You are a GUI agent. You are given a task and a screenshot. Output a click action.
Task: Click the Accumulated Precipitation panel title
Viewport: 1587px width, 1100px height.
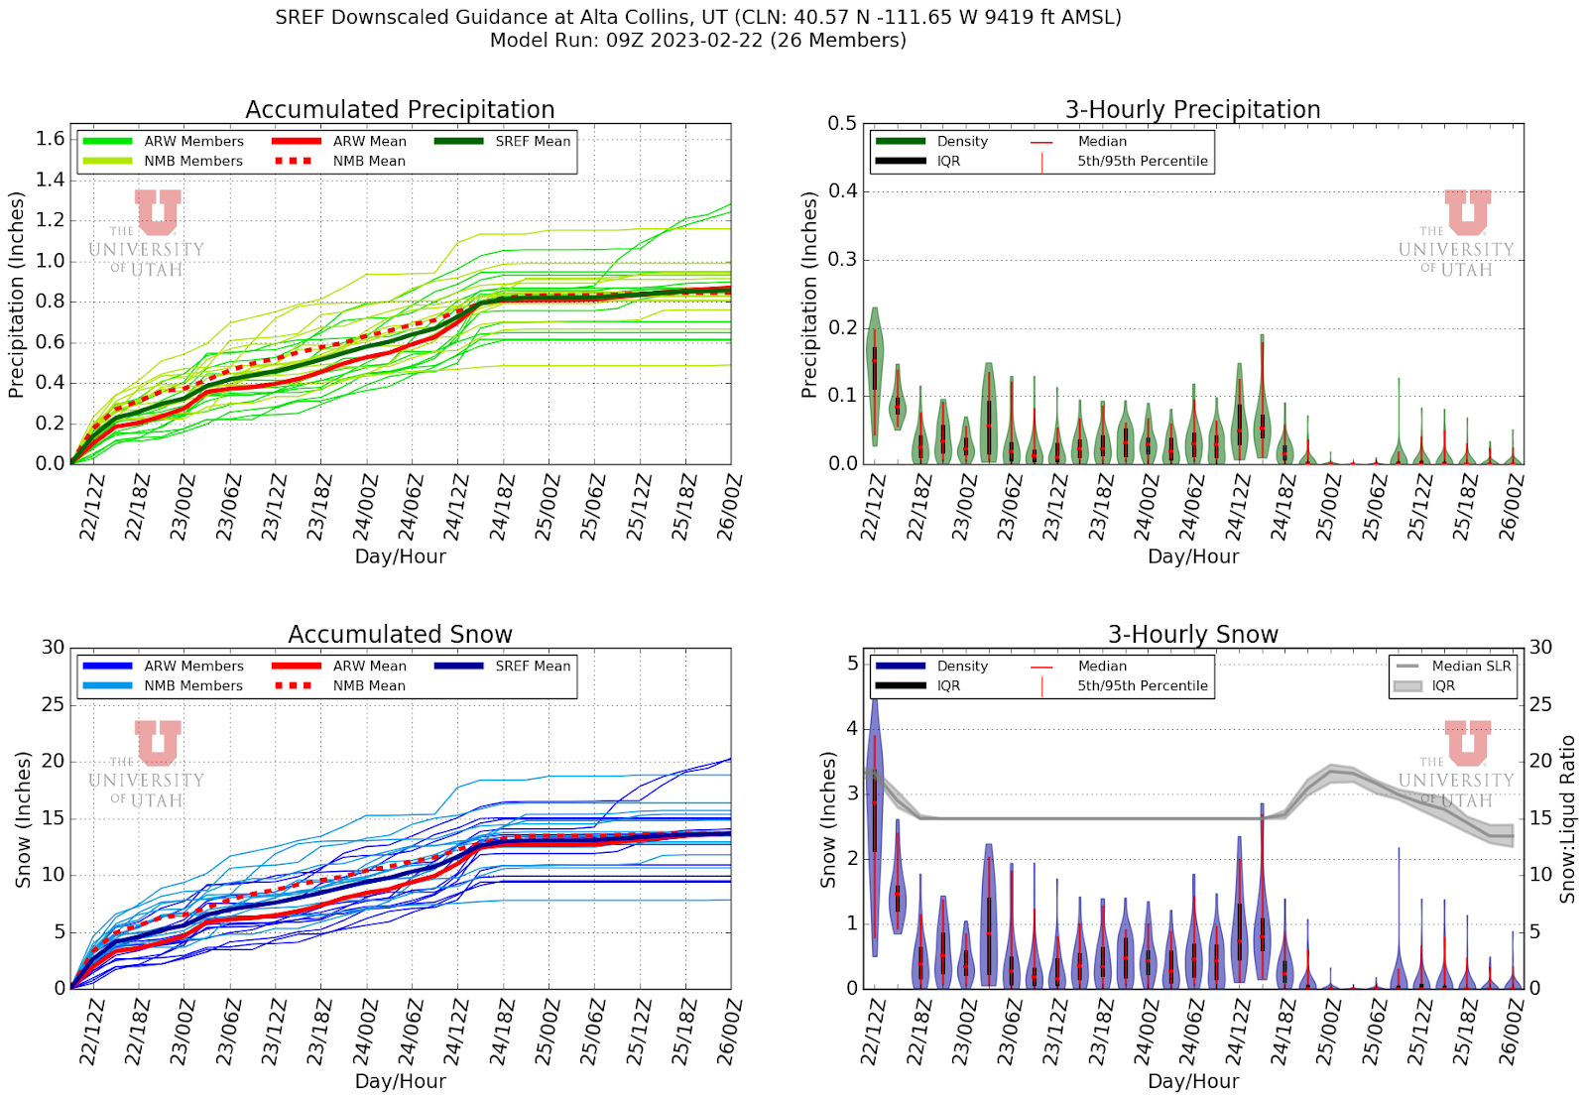click(400, 109)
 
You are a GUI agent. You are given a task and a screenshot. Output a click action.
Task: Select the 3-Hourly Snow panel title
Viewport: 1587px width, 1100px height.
click(1192, 634)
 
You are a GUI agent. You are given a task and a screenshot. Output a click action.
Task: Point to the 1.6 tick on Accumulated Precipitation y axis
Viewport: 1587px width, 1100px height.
click(51, 139)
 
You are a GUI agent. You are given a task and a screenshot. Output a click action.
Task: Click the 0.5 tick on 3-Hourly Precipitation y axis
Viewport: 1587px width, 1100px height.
click(842, 123)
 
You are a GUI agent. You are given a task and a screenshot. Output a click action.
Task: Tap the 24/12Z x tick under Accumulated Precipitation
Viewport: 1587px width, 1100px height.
click(455, 506)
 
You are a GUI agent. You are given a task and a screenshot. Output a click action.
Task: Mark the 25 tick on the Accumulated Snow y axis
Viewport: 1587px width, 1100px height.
click(53, 704)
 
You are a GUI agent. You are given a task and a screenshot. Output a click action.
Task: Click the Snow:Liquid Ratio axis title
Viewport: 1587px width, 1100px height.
click(1568, 818)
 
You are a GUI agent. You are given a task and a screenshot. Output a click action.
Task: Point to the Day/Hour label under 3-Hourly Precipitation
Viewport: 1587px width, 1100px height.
click(1192, 556)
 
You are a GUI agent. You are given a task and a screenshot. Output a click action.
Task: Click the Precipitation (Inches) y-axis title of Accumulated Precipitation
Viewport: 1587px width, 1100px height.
click(16, 295)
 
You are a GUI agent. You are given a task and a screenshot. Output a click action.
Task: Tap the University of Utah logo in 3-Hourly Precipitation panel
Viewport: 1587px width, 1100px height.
click(1456, 234)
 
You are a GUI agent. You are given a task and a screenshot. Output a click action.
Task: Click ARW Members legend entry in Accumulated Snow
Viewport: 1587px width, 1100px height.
click(193, 666)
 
